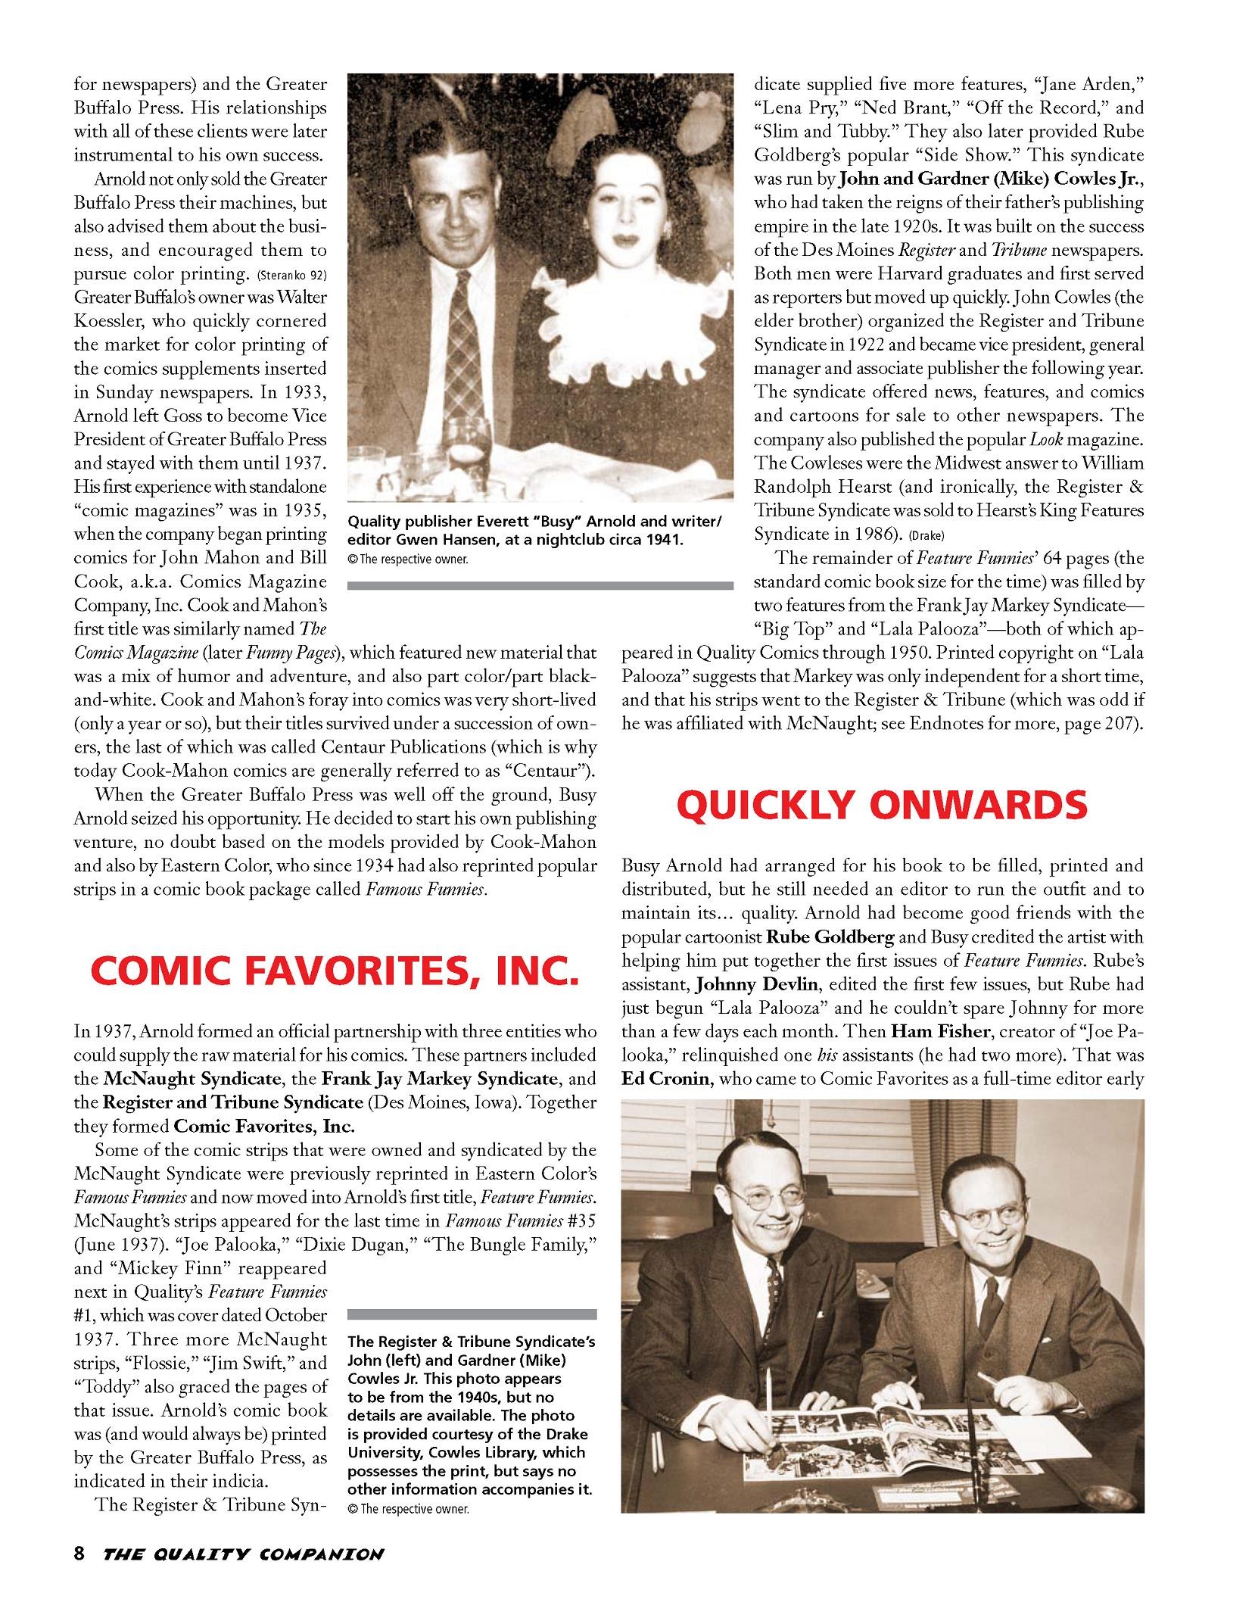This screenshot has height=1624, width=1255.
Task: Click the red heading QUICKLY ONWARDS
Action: point(883,806)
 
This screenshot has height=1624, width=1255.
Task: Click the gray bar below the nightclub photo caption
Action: point(540,585)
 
